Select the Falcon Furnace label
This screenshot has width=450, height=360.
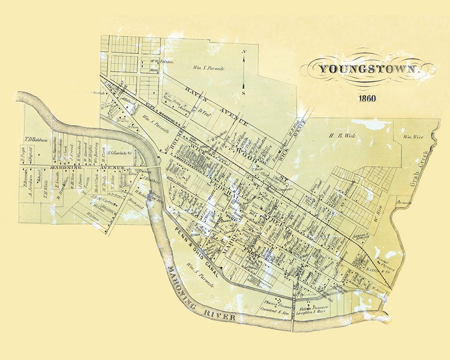[x=315, y=307]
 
